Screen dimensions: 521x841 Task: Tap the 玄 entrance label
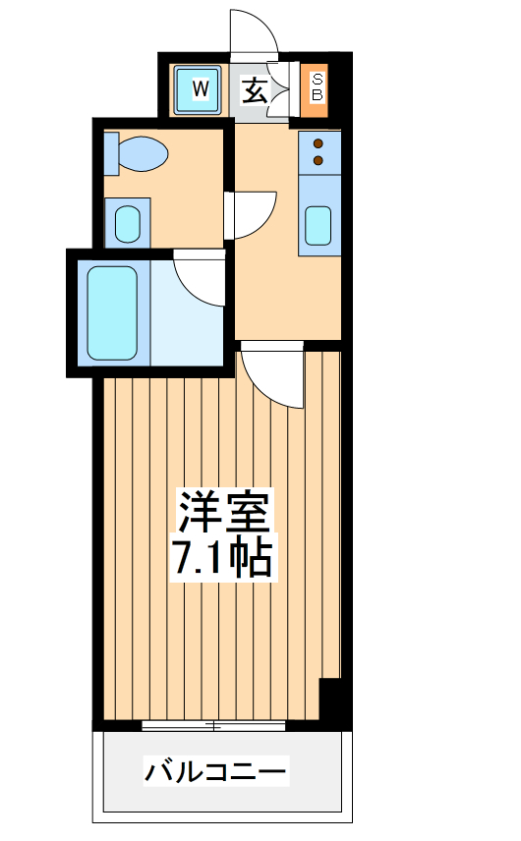(255, 90)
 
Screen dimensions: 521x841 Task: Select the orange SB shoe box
(315, 90)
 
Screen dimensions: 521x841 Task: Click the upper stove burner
(318, 143)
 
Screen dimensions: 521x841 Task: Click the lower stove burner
(318, 160)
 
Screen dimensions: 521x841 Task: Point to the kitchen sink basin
(318, 225)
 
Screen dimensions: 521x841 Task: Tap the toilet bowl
(143, 153)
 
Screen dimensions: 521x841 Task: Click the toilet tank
(111, 153)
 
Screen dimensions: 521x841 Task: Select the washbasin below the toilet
(128, 224)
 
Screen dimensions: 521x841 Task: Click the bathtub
(112, 313)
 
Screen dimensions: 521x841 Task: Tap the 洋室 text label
(223, 511)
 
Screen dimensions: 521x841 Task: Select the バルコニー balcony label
(215, 772)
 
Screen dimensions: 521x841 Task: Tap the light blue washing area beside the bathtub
(187, 313)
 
